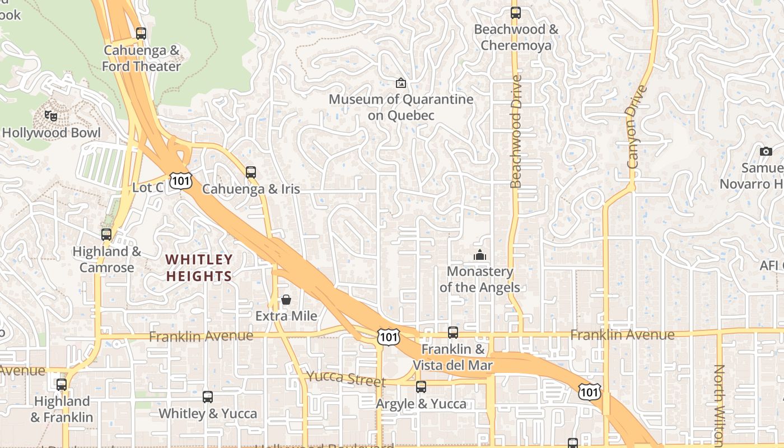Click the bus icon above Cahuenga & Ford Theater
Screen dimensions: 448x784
(x=141, y=34)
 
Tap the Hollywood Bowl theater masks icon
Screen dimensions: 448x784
(x=52, y=116)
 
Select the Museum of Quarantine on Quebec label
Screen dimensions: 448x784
(x=401, y=108)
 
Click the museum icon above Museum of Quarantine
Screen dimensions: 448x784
(x=401, y=83)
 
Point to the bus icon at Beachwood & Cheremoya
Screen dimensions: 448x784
(x=516, y=12)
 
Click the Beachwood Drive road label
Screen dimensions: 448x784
(x=516, y=132)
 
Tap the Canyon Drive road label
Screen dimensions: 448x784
(x=637, y=127)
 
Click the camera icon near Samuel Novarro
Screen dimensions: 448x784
(x=766, y=151)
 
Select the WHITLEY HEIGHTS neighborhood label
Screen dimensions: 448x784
(x=199, y=268)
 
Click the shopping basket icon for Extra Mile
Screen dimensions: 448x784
(x=286, y=300)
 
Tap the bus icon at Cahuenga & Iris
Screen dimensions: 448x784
(x=251, y=172)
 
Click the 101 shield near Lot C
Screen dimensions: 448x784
(x=181, y=180)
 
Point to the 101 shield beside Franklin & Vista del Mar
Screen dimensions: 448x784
(x=388, y=337)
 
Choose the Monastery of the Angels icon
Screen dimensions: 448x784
(x=480, y=255)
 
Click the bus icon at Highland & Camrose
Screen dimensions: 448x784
(x=106, y=235)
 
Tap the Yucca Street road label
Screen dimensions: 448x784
(x=346, y=379)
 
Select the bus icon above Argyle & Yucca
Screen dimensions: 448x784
(x=421, y=387)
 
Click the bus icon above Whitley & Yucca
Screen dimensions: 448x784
(x=208, y=397)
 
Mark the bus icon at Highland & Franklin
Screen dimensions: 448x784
(x=62, y=385)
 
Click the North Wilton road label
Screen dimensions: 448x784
(x=719, y=403)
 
